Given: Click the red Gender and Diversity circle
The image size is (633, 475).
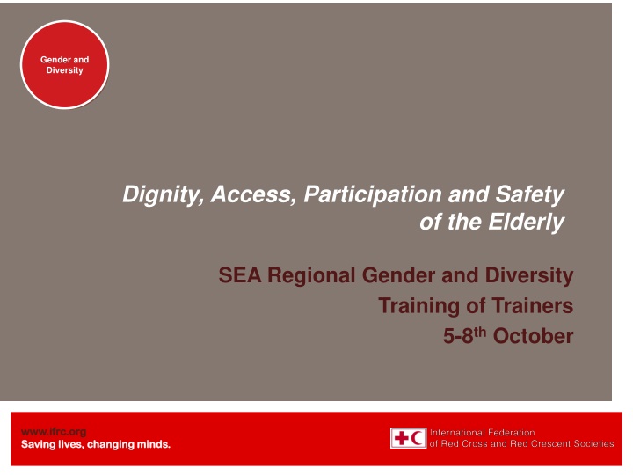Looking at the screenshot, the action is pyautogui.click(x=64, y=64).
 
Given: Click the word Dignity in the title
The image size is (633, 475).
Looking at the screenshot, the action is pyautogui.click(x=164, y=194).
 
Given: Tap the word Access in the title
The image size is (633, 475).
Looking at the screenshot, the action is pyautogui.click(x=253, y=194).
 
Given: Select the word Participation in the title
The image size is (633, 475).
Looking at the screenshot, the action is pyautogui.click(x=373, y=194).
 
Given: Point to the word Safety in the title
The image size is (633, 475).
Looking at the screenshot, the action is pyautogui.click(x=529, y=194).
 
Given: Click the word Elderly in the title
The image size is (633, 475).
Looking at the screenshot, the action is pyautogui.click(x=527, y=223).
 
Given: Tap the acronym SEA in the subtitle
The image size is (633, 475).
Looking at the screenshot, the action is pyautogui.click(x=240, y=275).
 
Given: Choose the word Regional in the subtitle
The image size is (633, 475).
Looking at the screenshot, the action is pyautogui.click(x=311, y=276).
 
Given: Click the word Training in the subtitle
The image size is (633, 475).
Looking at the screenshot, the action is pyautogui.click(x=418, y=306).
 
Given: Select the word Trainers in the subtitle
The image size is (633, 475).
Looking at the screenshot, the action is pyautogui.click(x=533, y=306).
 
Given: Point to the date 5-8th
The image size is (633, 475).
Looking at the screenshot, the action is pyautogui.click(x=465, y=336).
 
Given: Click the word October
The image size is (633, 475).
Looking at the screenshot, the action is pyautogui.click(x=533, y=336).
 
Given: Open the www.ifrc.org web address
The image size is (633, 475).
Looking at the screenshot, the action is pyautogui.click(x=54, y=432).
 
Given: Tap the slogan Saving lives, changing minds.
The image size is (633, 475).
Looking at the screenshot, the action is pyautogui.click(x=96, y=444).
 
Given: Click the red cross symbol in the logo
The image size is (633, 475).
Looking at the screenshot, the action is pyautogui.click(x=401, y=438).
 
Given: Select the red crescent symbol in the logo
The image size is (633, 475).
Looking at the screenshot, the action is pyautogui.click(x=417, y=438).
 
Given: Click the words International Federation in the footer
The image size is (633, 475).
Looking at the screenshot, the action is pyautogui.click(x=482, y=433).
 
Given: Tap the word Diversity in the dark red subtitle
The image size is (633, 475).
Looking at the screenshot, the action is pyautogui.click(x=529, y=276).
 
